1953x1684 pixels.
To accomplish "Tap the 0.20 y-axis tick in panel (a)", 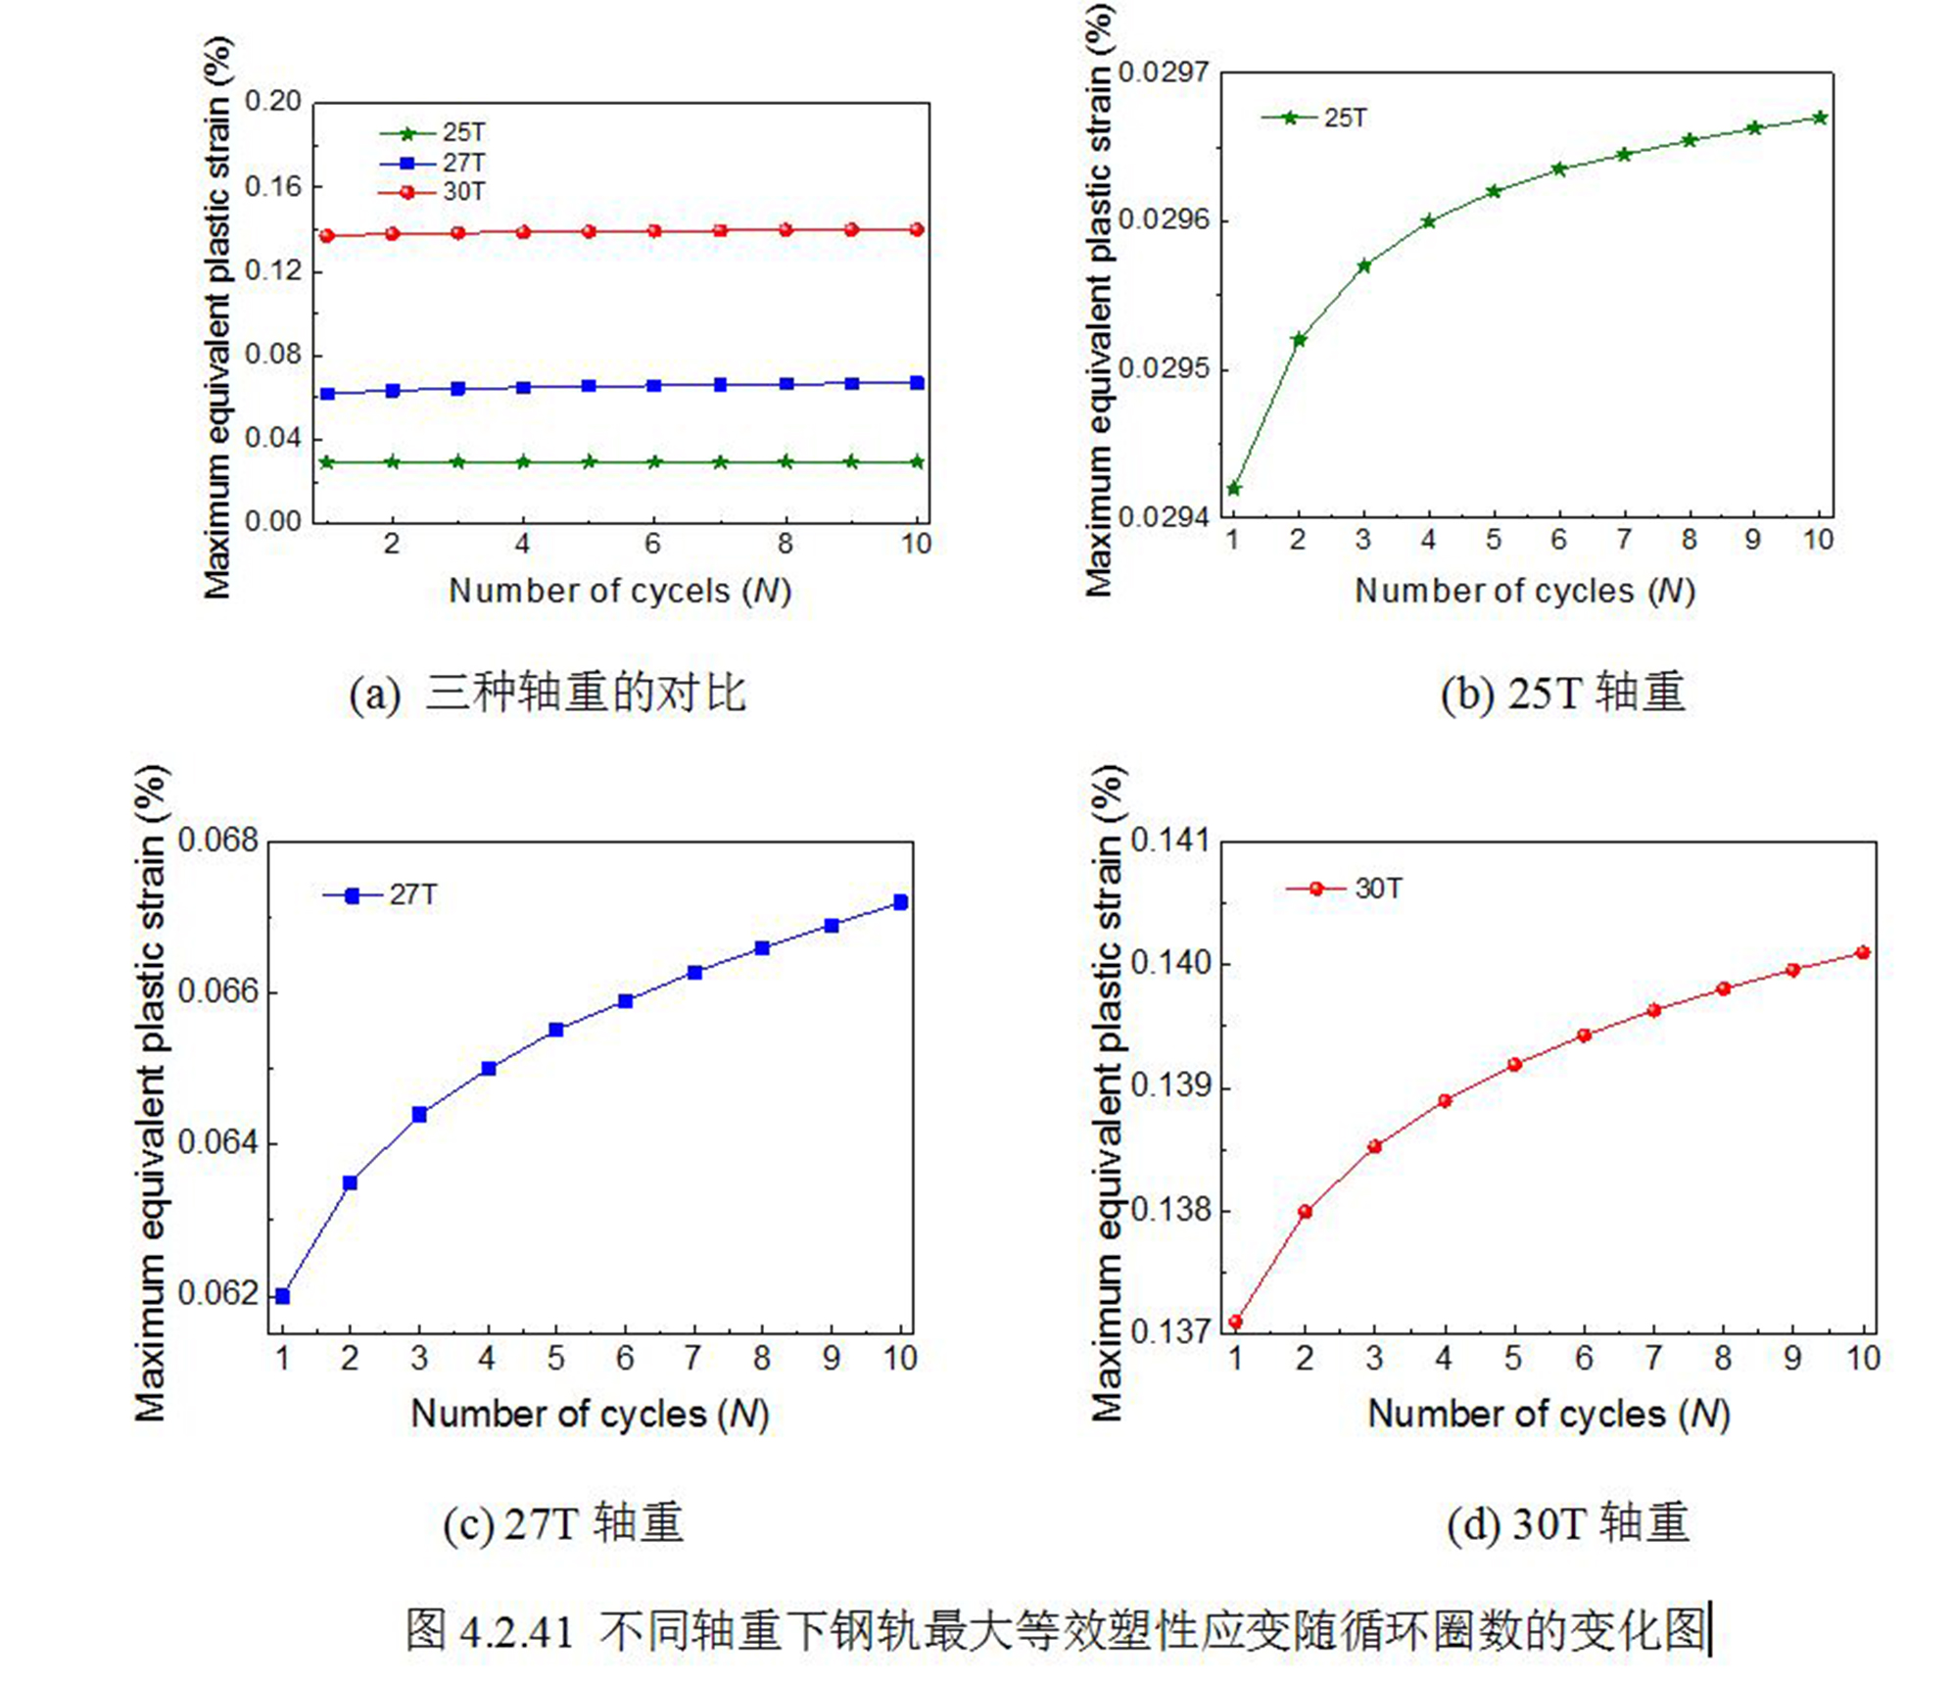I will [x=272, y=102].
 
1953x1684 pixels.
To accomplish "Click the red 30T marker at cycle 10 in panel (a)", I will [x=917, y=229].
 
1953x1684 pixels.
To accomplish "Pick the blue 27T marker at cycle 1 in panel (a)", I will [x=328, y=394].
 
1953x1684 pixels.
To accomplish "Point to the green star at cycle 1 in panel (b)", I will [x=1234, y=488].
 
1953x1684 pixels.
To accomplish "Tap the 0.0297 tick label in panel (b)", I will [x=1164, y=73].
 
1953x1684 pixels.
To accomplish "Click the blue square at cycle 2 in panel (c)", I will [x=350, y=1182].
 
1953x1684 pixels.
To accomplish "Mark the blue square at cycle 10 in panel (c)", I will [x=901, y=901].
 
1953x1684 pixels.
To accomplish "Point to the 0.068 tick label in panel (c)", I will [x=218, y=841].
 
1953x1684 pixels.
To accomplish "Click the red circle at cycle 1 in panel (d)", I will [x=1235, y=1322].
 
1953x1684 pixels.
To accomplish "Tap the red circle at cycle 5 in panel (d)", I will [x=1514, y=1064].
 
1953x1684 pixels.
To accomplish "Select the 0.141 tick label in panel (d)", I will [x=1169, y=841].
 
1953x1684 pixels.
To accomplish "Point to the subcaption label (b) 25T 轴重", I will [x=1562, y=693].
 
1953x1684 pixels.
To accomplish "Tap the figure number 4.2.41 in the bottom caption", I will [x=515, y=1631].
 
